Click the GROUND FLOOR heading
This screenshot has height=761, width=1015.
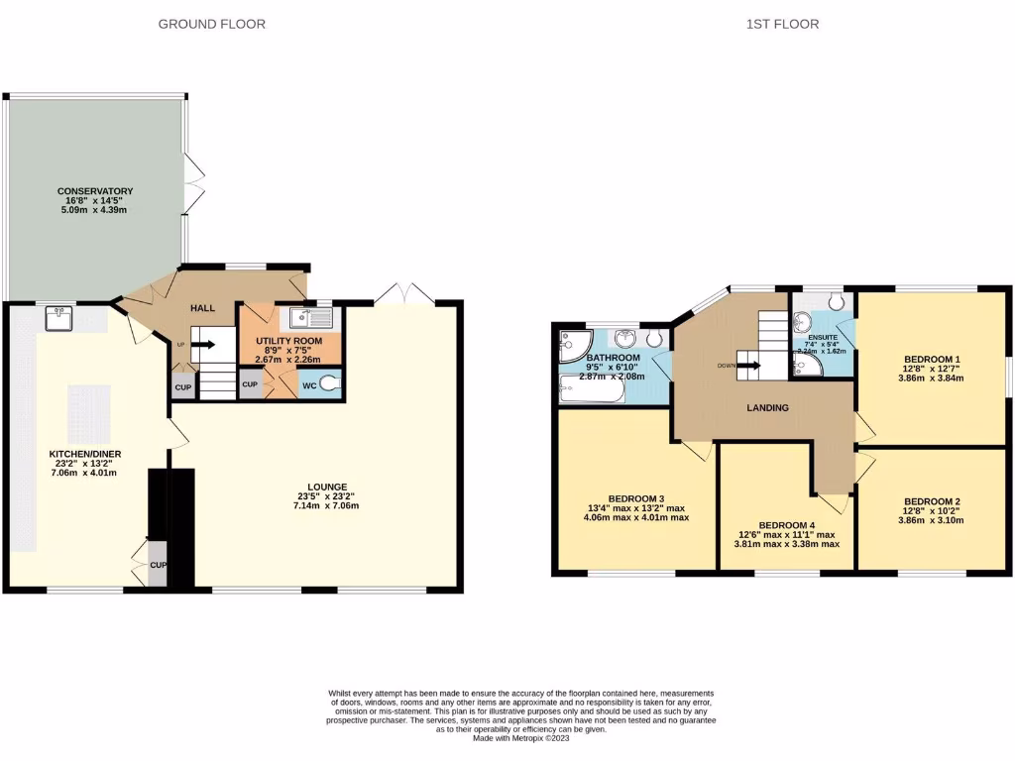pyautogui.click(x=212, y=24)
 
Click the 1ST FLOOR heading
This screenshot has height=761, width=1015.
pyautogui.click(x=782, y=24)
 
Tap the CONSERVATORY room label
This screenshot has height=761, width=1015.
pyautogui.click(x=95, y=191)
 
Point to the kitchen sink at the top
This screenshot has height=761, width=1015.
pyautogui.click(x=56, y=318)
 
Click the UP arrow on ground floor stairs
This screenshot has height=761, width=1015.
pyautogui.click(x=203, y=345)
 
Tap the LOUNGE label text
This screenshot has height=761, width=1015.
pyautogui.click(x=326, y=487)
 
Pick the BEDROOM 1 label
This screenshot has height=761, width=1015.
pyautogui.click(x=932, y=359)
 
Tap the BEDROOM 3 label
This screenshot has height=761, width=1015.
pyautogui.click(x=635, y=498)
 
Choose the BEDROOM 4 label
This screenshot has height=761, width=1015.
pyautogui.click(x=786, y=525)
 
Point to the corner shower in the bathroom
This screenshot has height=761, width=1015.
pyautogui.click(x=572, y=343)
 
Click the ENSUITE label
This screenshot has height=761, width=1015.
pyautogui.click(x=822, y=338)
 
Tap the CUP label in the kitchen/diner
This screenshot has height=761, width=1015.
pyautogui.click(x=158, y=566)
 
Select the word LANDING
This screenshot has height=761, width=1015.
pyautogui.click(x=767, y=407)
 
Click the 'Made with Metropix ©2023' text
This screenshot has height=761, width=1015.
pyautogui.click(x=520, y=738)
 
